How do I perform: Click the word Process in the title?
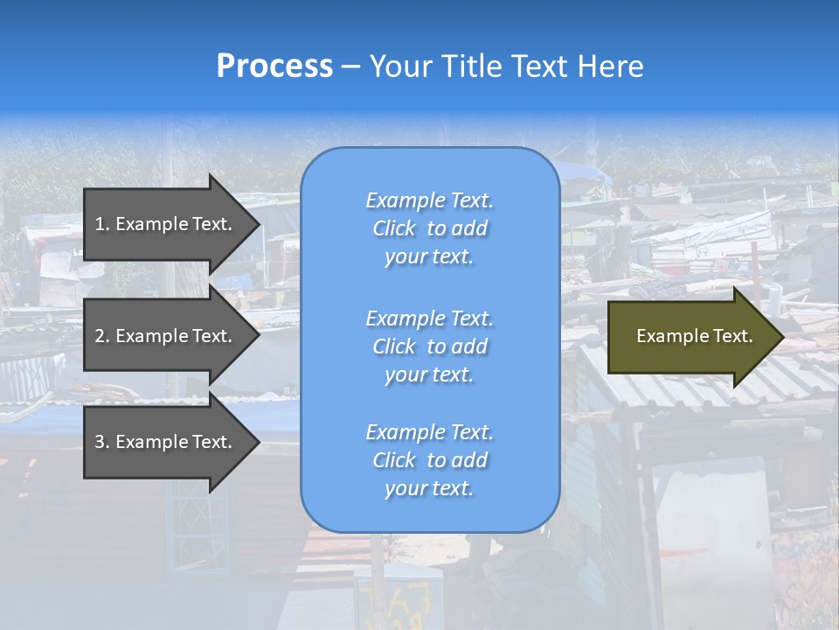[x=274, y=66]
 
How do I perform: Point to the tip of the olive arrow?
[x=782, y=336]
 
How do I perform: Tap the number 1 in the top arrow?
[x=101, y=224]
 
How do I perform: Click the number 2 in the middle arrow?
[x=101, y=336]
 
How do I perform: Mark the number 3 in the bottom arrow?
[x=101, y=442]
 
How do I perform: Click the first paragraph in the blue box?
[x=429, y=228]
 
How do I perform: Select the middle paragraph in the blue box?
[x=429, y=346]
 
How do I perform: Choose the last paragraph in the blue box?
[x=429, y=460]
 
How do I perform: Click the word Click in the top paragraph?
[x=393, y=228]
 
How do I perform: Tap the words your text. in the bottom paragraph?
[x=429, y=488]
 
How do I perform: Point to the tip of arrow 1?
[x=259, y=224]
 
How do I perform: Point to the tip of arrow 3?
[x=259, y=442]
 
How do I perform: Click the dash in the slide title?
[x=350, y=66]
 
